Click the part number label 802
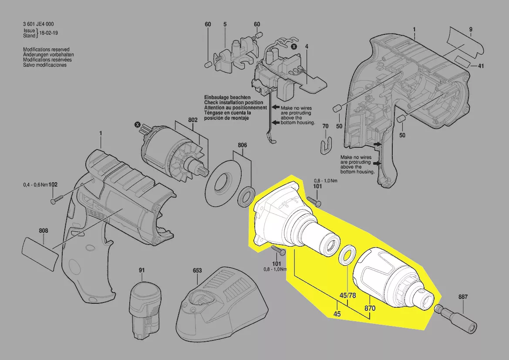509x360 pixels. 193,120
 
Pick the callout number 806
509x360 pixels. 242,145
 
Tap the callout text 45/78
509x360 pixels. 347,295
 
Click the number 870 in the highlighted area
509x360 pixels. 370,308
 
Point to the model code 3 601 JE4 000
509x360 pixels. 39,24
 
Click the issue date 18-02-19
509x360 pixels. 49,33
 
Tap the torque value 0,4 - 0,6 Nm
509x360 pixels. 35,185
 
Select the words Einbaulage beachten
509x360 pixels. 227,97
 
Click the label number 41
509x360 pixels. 481,66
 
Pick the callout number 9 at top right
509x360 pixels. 471,29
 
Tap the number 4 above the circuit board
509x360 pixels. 307,47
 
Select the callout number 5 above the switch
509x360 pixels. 225,24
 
